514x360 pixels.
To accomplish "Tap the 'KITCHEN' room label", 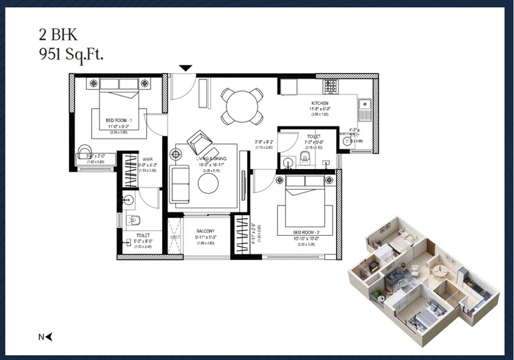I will (x=320, y=103).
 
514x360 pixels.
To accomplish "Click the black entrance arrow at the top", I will (x=185, y=68).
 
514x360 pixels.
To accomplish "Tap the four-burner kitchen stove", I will (x=331, y=86).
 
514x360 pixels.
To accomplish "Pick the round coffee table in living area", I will (x=208, y=183).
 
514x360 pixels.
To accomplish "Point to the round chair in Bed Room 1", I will (x=85, y=152).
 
